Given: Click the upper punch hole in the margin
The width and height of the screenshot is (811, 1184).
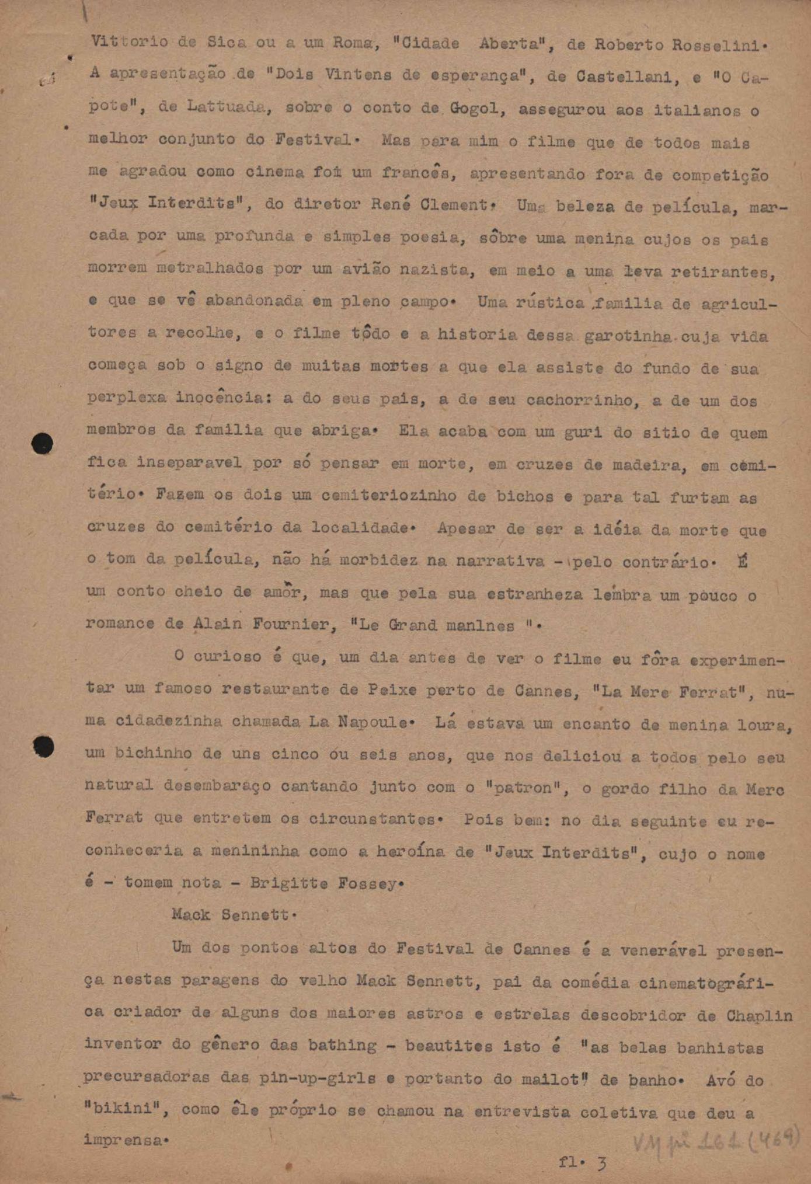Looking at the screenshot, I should (x=42, y=444).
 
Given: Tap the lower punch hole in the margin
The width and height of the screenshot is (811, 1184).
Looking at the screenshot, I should (x=44, y=746).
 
